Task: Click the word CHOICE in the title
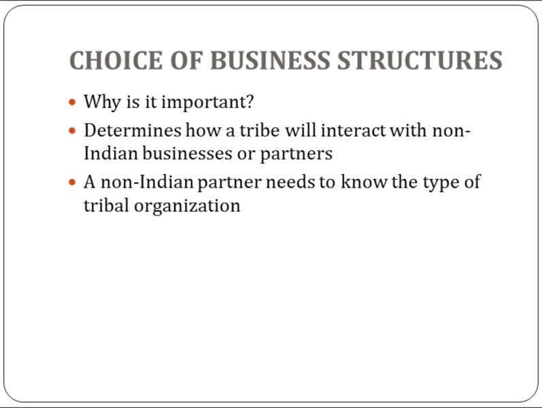point(116,60)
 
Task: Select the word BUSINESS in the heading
point(270,60)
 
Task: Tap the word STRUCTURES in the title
point(420,60)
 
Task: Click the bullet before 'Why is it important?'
point(72,102)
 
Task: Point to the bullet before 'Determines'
point(72,131)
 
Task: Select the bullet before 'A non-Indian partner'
point(72,182)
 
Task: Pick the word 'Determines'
point(133,131)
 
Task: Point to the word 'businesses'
point(187,154)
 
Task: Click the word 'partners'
point(297,154)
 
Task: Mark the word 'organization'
point(187,207)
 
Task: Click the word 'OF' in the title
point(186,60)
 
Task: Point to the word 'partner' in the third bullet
point(230,183)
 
